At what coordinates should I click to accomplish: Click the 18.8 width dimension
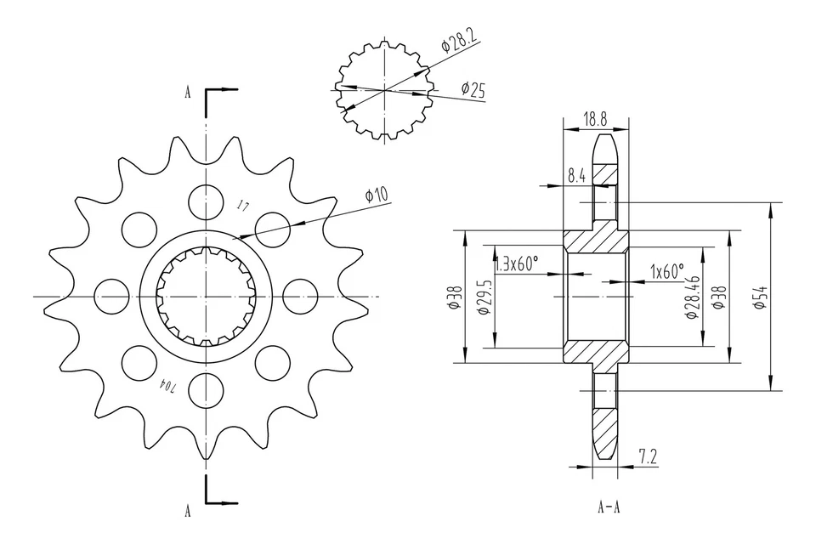595,120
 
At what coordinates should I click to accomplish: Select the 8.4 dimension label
577,176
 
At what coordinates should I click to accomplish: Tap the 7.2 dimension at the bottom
647,457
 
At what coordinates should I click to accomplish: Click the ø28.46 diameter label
692,297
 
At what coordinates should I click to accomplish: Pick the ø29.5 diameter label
483,297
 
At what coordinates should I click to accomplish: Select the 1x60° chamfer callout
666,271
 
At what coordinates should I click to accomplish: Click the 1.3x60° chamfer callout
517,264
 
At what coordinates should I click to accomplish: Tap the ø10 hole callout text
376,195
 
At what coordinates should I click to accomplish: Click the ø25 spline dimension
472,88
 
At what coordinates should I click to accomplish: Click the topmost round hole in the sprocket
205,201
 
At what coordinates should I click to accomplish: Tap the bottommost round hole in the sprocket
205,390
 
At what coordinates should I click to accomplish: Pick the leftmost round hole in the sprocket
110,296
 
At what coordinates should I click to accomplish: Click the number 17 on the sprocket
243,207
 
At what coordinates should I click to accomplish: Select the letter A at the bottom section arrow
187,510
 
